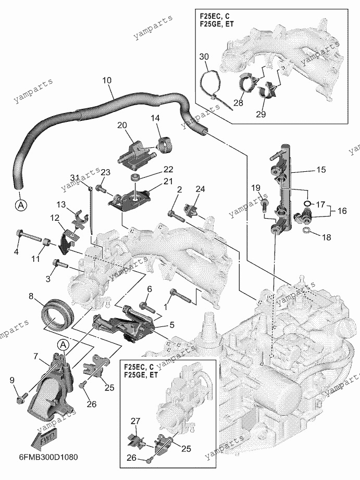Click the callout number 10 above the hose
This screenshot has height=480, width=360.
tap(107, 81)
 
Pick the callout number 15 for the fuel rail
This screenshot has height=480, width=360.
tap(321, 169)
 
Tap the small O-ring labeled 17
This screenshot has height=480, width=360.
tap(307, 203)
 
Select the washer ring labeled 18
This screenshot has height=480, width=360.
tap(306, 231)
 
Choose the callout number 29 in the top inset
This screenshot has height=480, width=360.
tap(261, 114)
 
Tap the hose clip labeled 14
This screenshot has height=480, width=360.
tap(166, 145)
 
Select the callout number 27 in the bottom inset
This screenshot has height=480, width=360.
tap(135, 421)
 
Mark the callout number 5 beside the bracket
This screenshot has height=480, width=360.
tap(171, 324)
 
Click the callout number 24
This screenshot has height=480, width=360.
tap(200, 189)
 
